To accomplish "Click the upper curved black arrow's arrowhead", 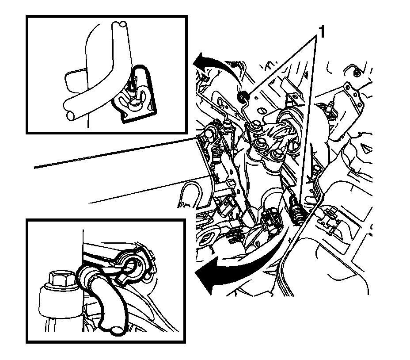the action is click(199, 60).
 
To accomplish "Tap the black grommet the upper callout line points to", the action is click(243, 97).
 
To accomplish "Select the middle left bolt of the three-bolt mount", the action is click(261, 143).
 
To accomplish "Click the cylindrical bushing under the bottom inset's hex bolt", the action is click(59, 304).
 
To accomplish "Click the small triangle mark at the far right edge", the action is click(367, 148).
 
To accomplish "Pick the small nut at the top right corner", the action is click(355, 73).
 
